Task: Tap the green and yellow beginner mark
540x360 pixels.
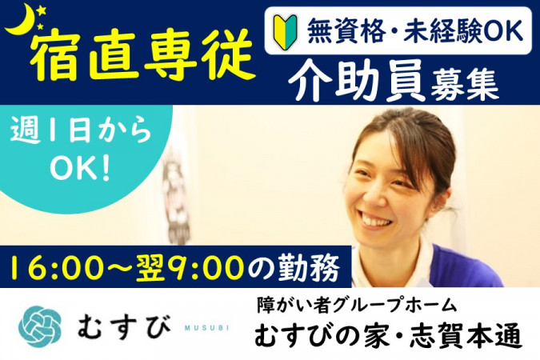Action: click(x=286, y=31)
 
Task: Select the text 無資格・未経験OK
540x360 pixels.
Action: click(x=415, y=30)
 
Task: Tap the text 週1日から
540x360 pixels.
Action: click(x=82, y=132)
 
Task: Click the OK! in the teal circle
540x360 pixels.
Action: click(x=80, y=170)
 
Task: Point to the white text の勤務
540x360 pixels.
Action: click(x=294, y=268)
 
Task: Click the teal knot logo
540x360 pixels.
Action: click(x=40, y=326)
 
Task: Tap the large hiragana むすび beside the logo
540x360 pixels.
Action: click(x=124, y=326)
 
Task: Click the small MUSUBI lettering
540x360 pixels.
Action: click(x=206, y=328)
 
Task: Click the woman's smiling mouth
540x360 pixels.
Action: click(x=375, y=219)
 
